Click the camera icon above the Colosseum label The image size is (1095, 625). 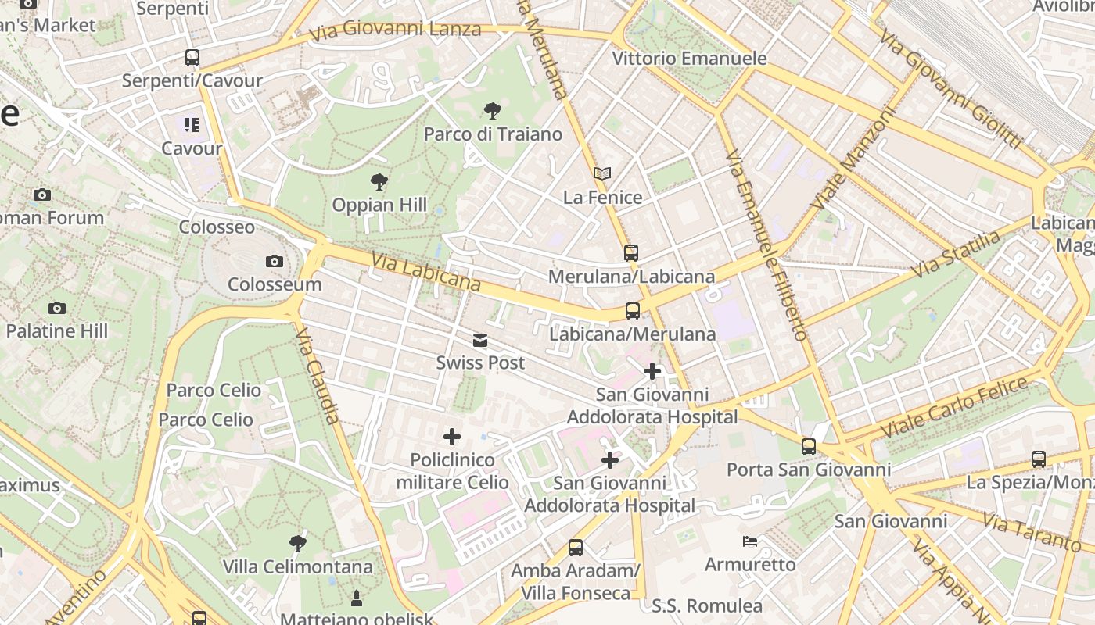(x=274, y=261)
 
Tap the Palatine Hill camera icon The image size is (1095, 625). (x=56, y=309)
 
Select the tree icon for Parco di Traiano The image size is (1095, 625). (x=493, y=111)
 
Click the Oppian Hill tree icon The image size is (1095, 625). (x=379, y=182)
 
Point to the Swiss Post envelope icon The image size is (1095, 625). (x=480, y=341)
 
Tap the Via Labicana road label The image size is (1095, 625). (x=425, y=271)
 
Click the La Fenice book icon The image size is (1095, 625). (x=602, y=173)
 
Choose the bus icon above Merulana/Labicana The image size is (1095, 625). (x=631, y=253)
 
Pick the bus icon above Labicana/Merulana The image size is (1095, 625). (x=633, y=311)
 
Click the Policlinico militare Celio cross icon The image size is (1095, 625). (x=452, y=437)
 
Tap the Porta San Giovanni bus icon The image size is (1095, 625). (x=809, y=447)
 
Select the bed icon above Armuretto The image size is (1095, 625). (x=750, y=541)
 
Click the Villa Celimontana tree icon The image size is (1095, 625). (x=297, y=543)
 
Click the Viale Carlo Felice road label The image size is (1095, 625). (x=954, y=406)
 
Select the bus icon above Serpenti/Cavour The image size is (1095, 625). (x=192, y=58)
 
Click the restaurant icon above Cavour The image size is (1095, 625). (x=192, y=125)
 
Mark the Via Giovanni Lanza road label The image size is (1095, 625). (x=395, y=31)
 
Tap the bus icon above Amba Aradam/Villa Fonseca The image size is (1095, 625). (x=576, y=548)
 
